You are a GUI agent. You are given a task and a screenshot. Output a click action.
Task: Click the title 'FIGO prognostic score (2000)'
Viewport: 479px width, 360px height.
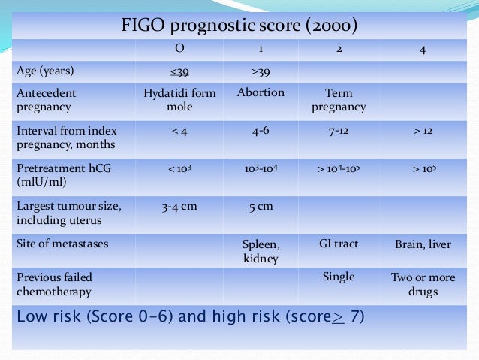[x=239, y=26]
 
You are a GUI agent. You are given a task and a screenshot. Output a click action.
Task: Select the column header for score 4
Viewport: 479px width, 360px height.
[x=423, y=50]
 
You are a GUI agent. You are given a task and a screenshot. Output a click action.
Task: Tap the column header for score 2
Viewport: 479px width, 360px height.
[x=339, y=50]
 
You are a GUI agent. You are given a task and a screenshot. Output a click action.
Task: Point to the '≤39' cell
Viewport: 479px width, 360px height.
[x=179, y=72]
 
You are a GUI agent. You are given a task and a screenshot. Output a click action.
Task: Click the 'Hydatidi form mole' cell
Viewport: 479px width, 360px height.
[x=179, y=100]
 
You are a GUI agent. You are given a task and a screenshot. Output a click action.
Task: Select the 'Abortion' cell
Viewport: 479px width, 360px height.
[x=260, y=93]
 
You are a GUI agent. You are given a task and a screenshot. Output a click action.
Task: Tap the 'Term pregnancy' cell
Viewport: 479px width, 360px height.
[x=339, y=100]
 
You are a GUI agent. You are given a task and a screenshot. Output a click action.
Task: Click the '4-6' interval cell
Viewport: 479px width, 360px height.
[x=260, y=131]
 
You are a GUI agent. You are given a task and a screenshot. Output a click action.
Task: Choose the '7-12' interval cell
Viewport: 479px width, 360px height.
[x=339, y=131]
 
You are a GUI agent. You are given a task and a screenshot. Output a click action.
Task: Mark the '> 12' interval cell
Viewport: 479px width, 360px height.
[x=423, y=131]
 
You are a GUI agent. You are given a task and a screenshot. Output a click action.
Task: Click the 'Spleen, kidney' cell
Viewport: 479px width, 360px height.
[x=260, y=251]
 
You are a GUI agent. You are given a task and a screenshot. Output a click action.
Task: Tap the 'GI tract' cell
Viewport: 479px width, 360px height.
[x=339, y=244]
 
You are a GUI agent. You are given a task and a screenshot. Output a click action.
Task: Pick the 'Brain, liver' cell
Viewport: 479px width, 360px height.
[x=423, y=244]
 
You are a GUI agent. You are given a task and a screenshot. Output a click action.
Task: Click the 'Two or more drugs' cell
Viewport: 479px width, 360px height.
[x=423, y=284]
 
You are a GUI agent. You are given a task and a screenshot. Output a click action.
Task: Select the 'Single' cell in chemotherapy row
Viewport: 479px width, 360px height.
[x=339, y=277]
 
